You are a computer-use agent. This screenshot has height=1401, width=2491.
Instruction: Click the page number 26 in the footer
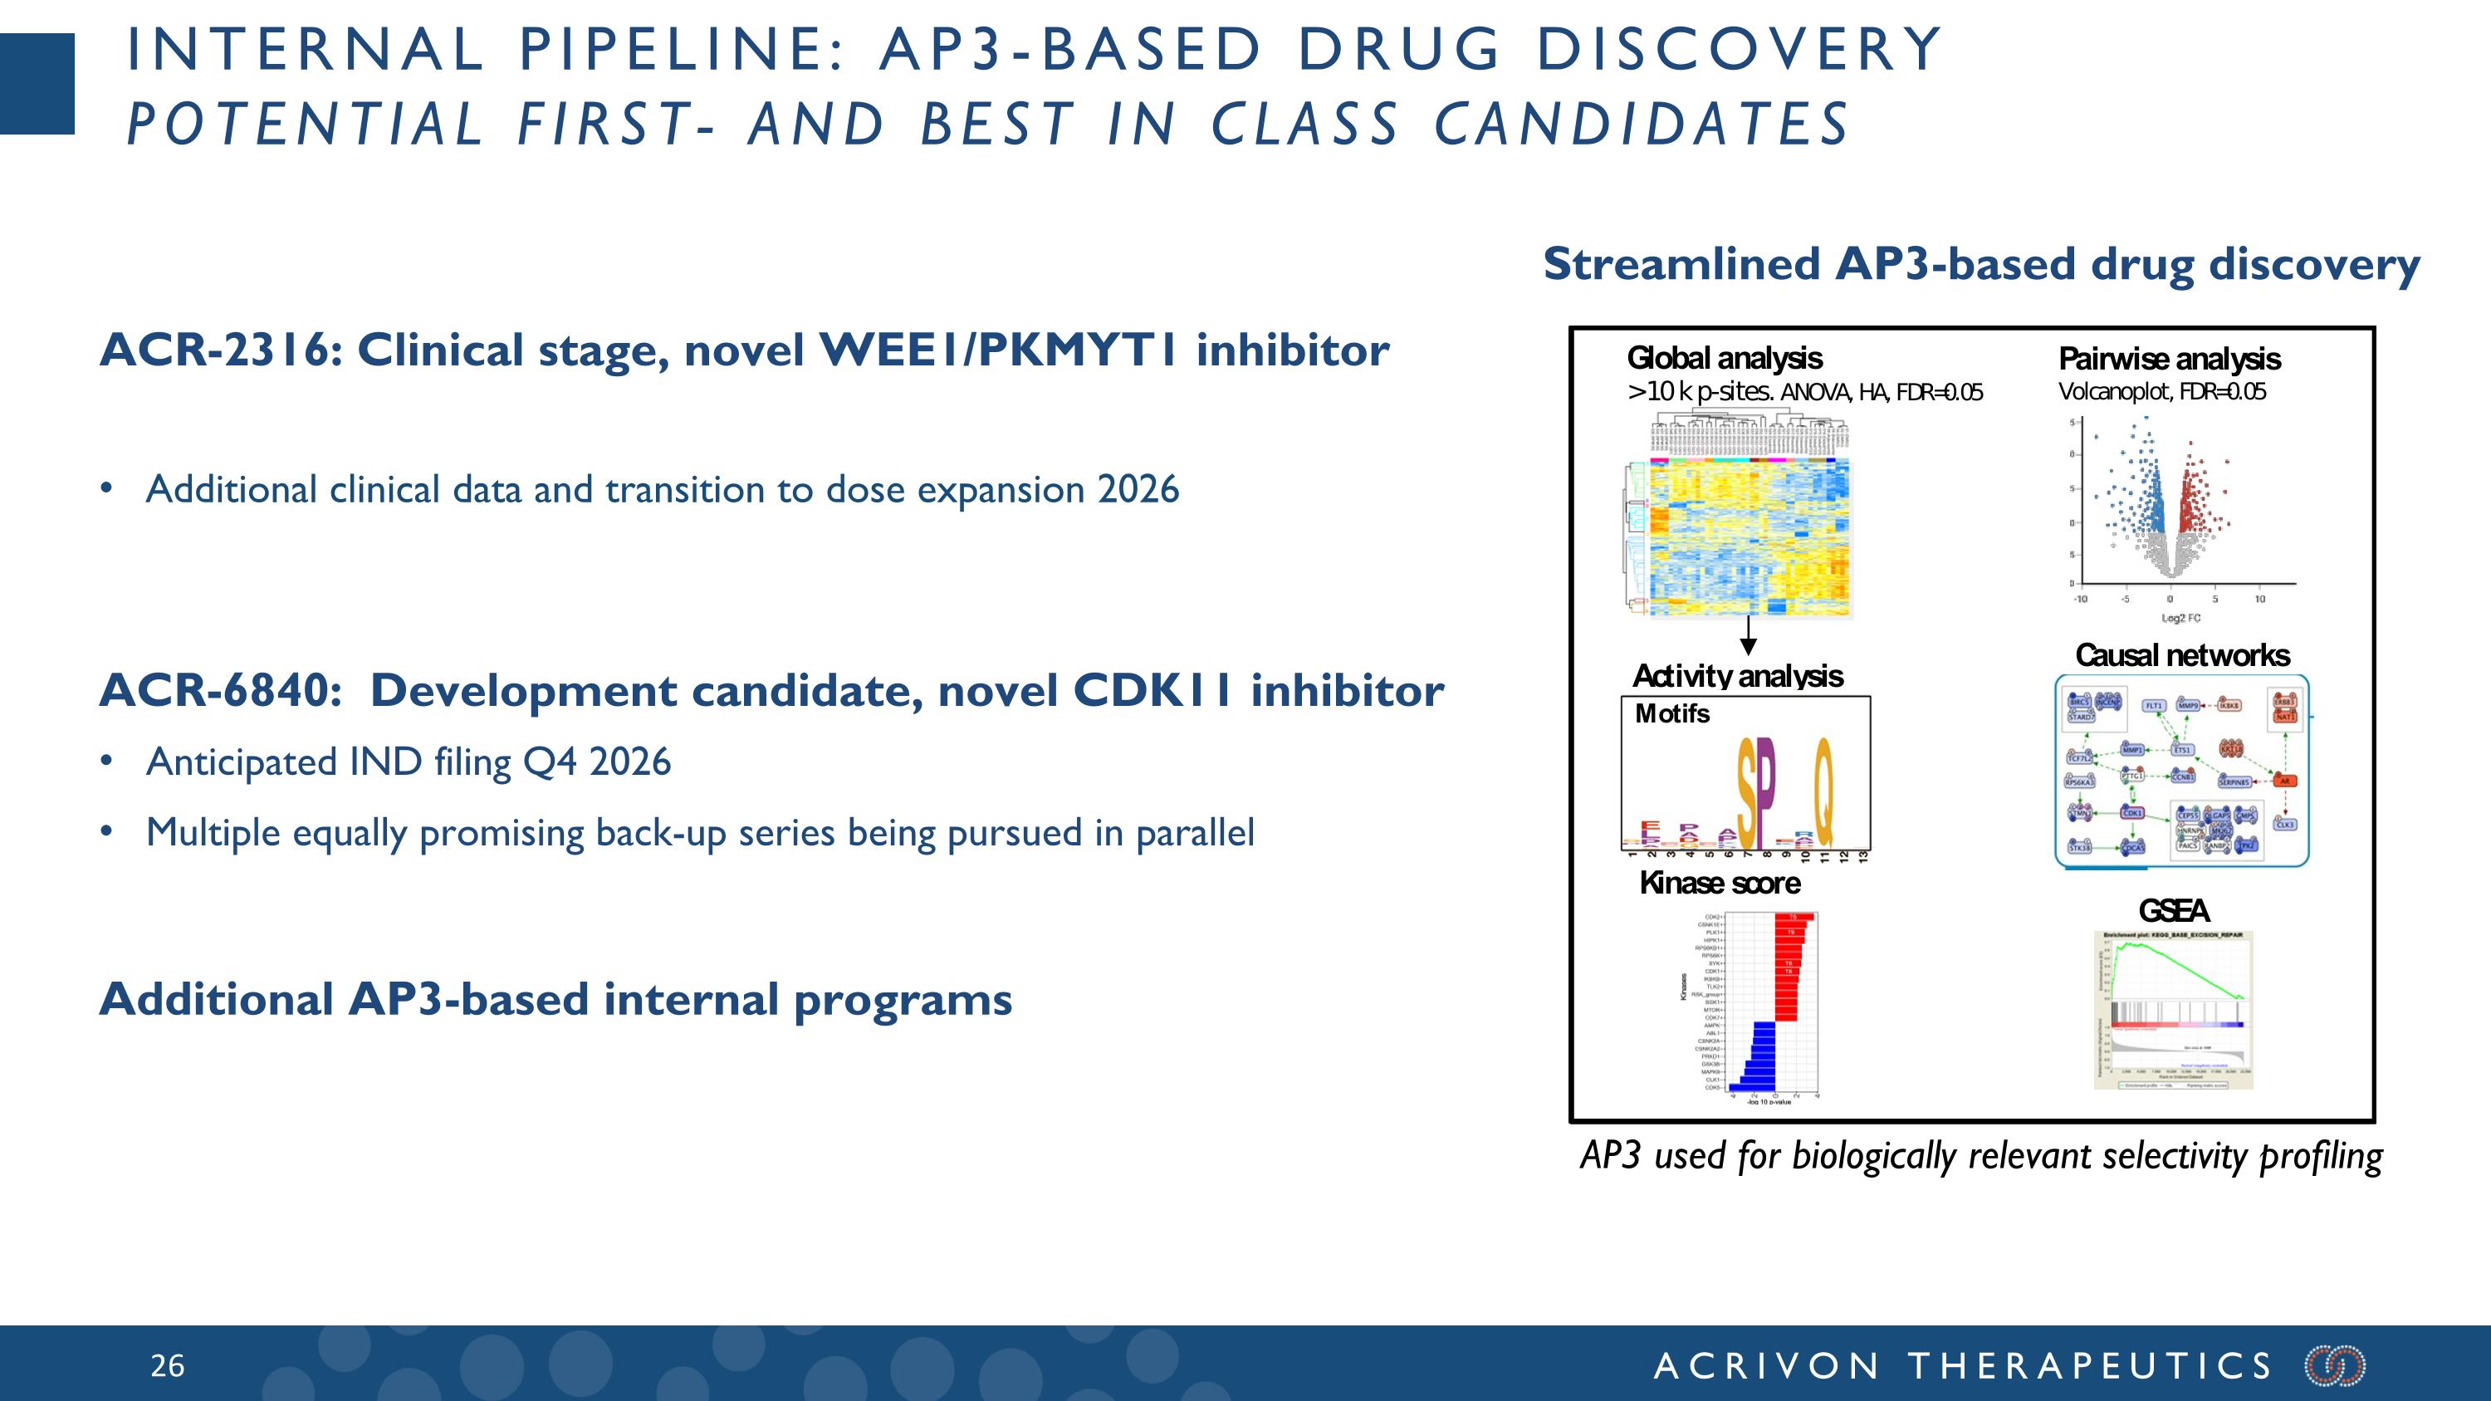[167, 1365]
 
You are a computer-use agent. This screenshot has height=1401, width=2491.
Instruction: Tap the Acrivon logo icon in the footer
[2335, 1365]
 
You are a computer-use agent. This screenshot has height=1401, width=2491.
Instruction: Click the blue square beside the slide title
[37, 84]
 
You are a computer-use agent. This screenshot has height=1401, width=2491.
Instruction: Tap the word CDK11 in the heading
[1153, 690]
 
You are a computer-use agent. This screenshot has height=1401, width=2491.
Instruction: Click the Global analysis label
[1724, 359]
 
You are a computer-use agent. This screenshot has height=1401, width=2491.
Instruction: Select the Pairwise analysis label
[2169, 360]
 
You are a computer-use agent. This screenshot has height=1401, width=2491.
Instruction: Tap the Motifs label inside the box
[1672, 713]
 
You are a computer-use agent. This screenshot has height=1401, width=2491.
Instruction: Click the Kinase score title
[1720, 883]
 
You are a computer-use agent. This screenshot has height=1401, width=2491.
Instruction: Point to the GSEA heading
[2173, 911]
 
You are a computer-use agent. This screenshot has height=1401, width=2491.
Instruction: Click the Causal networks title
[2181, 655]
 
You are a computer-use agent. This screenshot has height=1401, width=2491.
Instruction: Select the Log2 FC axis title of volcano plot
[2180, 618]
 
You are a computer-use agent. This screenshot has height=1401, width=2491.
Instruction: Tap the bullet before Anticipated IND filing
[106, 762]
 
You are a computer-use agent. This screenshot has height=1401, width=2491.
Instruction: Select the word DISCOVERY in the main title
[1738, 49]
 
